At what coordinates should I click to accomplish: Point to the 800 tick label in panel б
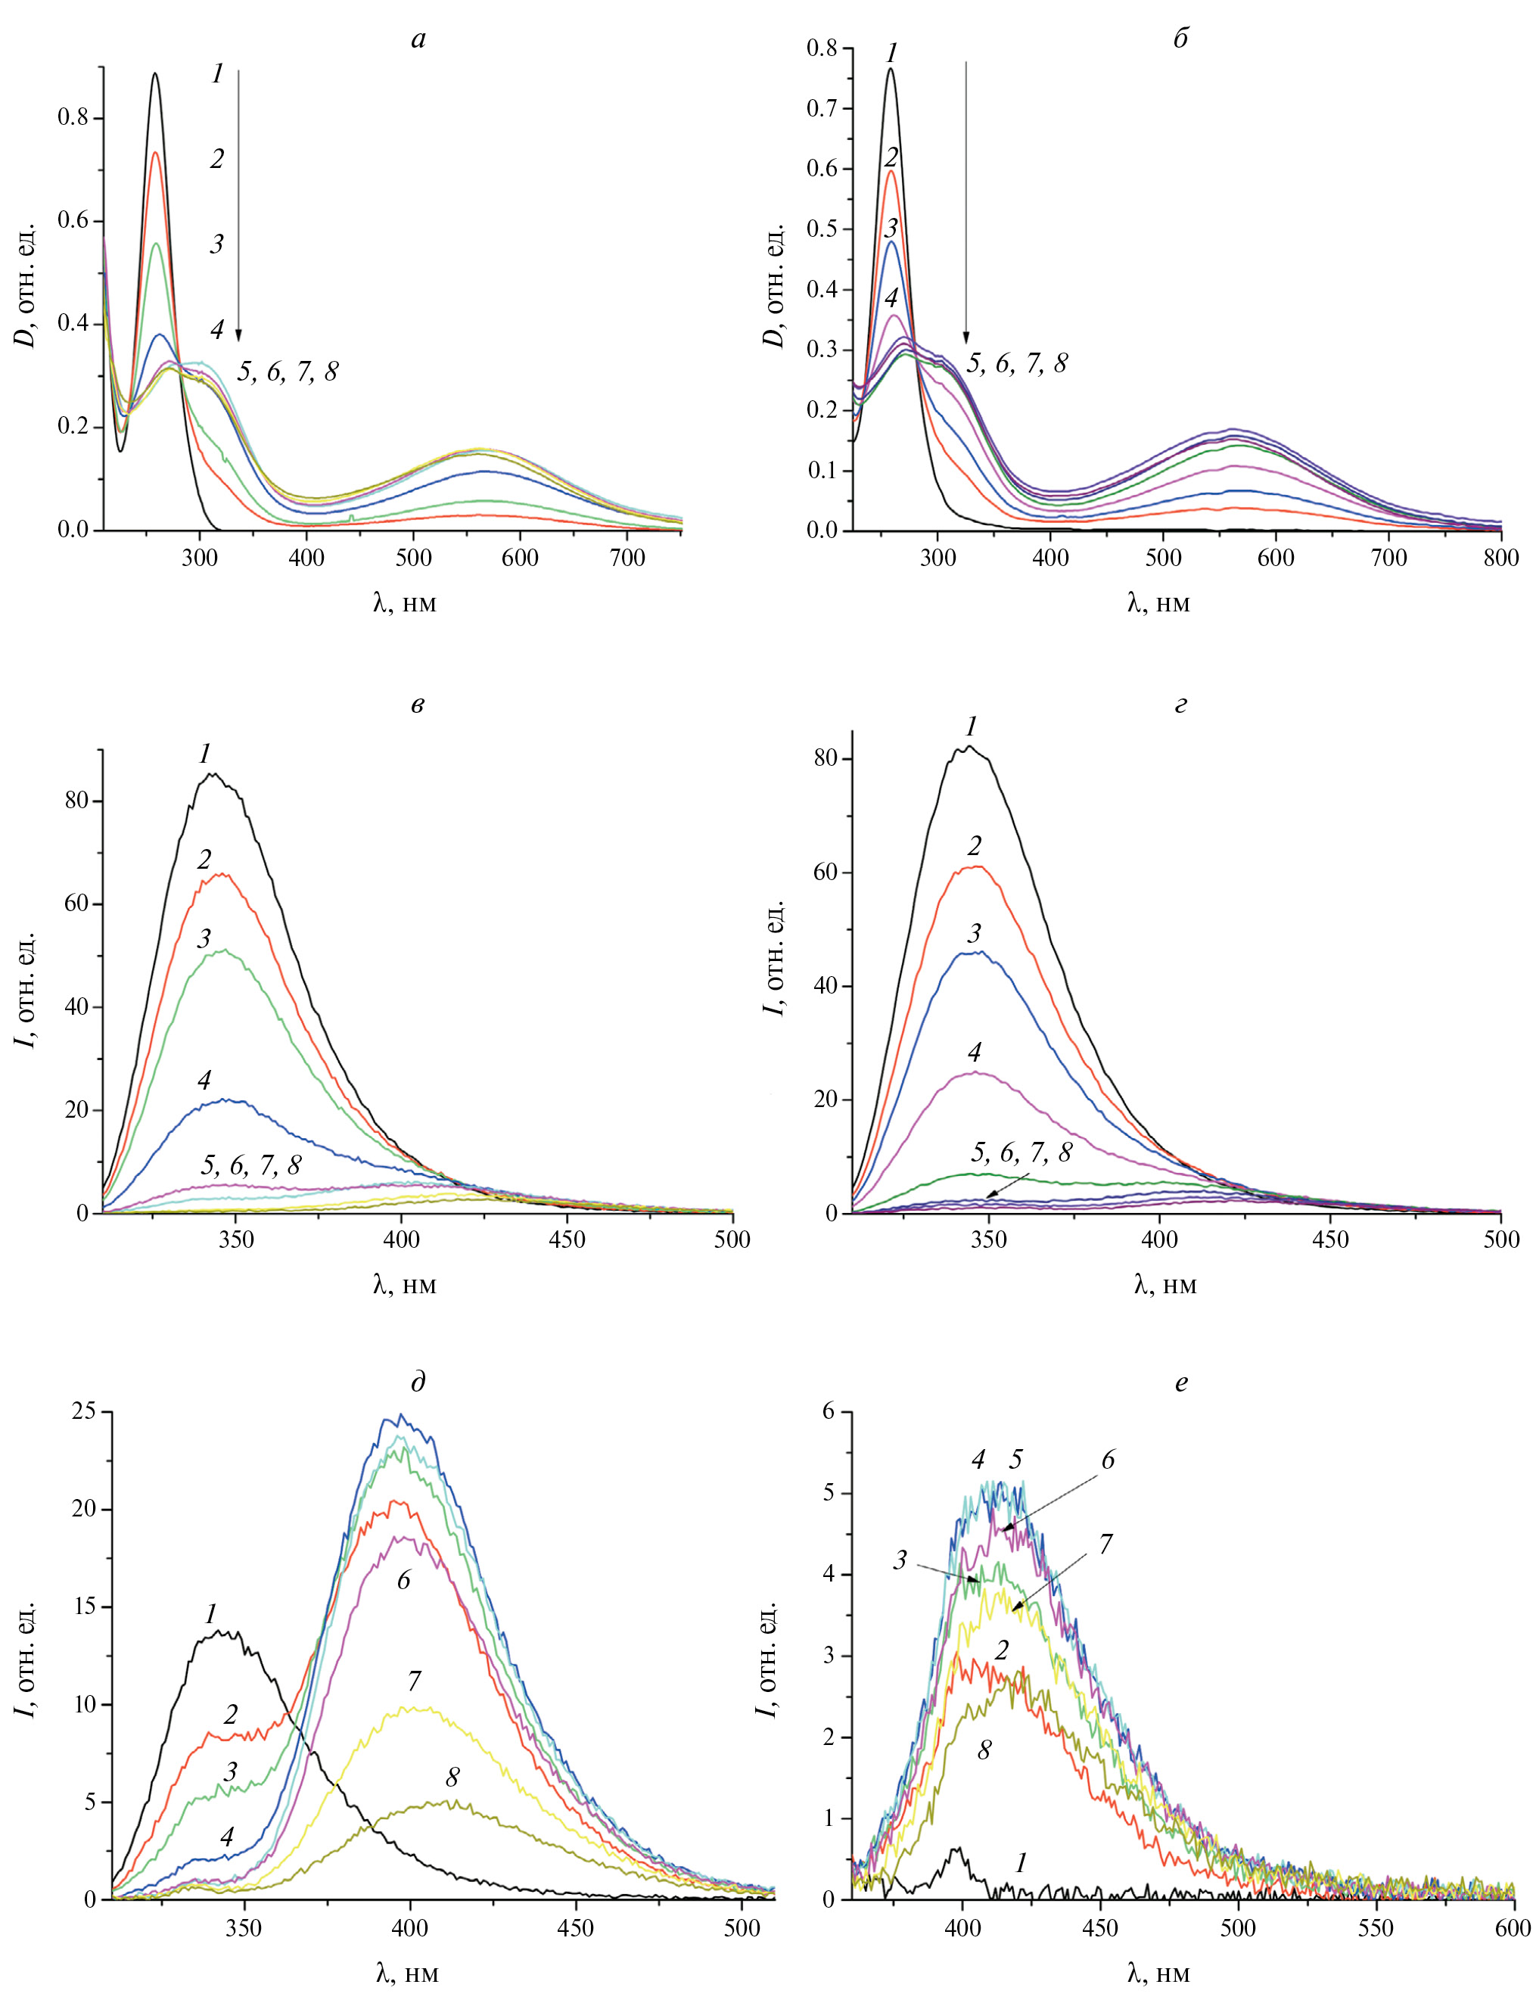1501,558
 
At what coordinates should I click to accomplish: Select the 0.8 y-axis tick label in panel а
74,119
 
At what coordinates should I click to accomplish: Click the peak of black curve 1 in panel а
155,74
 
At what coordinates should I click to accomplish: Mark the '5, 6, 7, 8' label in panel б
1016,364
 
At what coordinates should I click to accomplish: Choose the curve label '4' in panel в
204,1081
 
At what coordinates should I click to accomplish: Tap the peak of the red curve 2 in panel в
222,874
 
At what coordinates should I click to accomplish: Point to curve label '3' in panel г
975,933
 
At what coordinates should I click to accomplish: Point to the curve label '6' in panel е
1108,1460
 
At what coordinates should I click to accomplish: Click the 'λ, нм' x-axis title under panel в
405,1285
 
